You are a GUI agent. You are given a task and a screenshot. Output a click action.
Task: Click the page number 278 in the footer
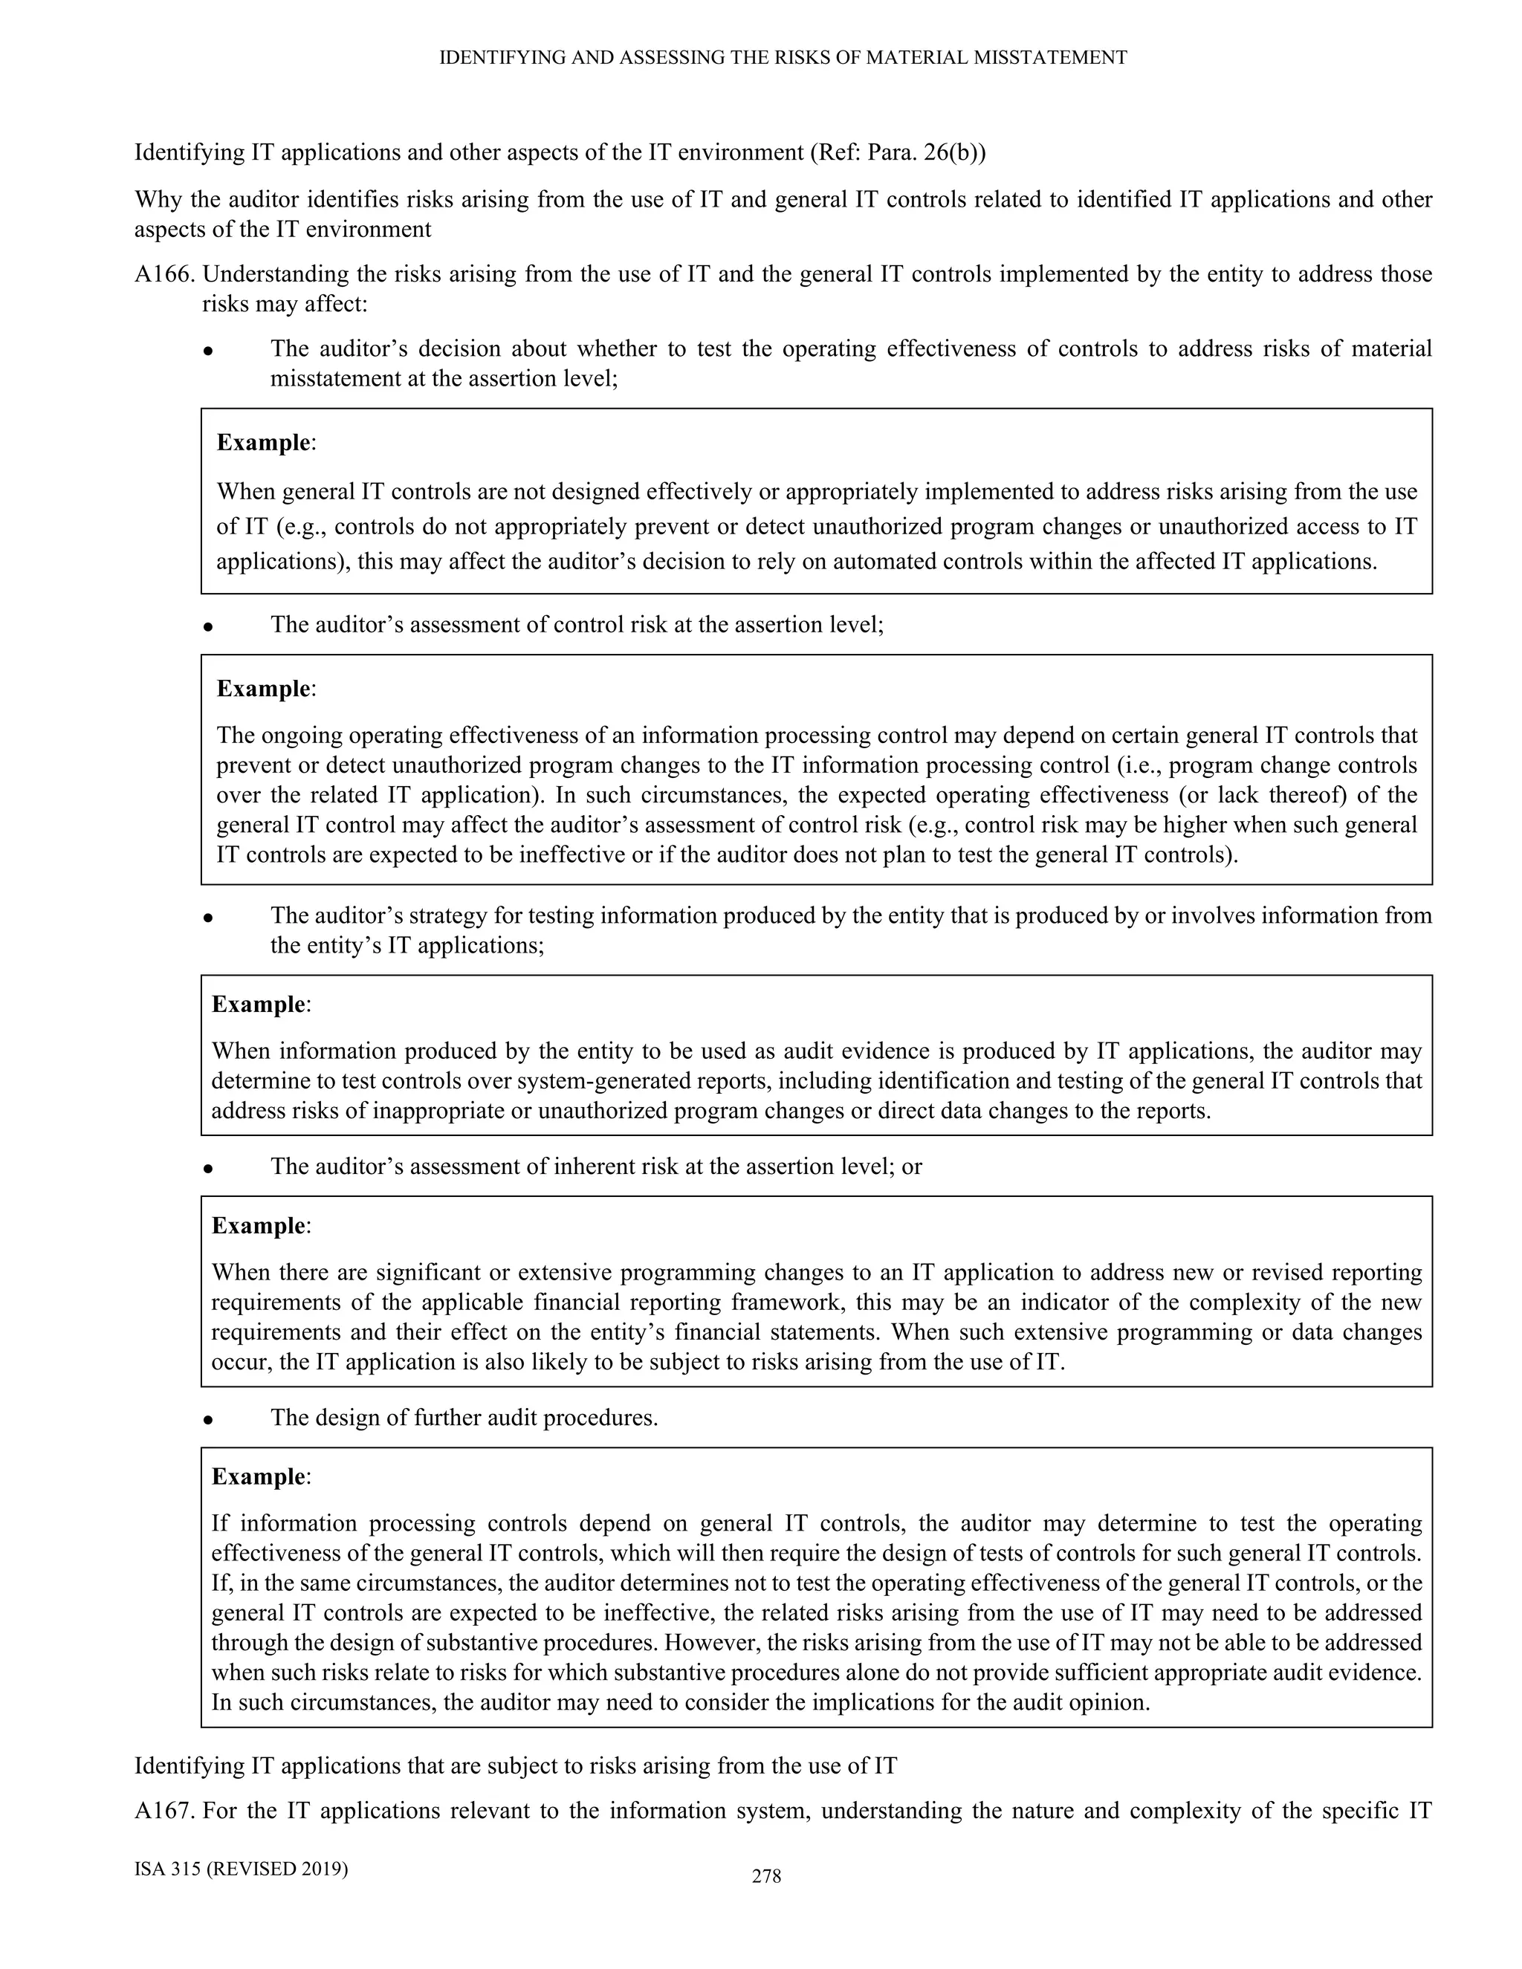[766, 1876]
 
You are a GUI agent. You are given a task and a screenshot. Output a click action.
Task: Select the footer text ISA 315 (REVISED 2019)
[241, 1868]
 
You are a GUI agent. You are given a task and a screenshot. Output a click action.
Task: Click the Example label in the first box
[263, 443]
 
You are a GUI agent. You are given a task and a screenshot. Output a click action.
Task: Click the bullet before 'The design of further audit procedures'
[207, 1419]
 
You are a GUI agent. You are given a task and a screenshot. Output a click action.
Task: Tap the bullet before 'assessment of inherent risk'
[207, 1167]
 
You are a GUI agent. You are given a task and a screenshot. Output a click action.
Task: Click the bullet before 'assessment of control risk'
[207, 626]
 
